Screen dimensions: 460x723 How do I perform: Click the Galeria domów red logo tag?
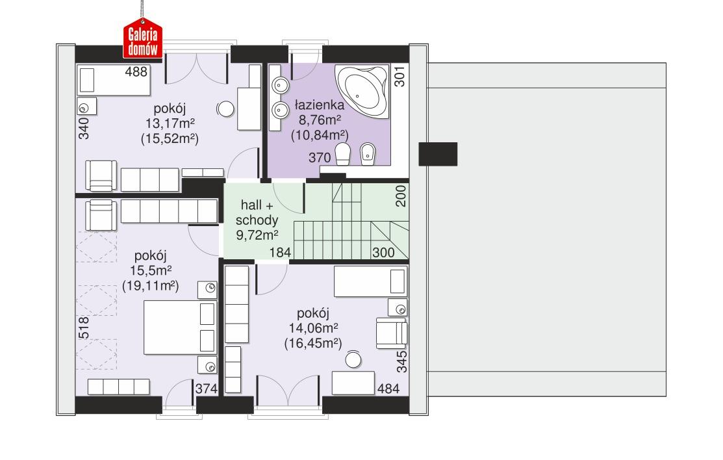click(143, 42)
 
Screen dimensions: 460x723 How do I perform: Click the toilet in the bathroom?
click(342, 155)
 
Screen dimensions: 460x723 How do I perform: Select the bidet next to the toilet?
click(368, 155)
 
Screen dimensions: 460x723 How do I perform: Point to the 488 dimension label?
click(136, 71)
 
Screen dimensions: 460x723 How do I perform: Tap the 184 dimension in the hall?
click(279, 253)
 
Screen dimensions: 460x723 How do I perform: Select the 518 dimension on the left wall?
click(83, 327)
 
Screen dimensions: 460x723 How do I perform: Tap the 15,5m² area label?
click(151, 270)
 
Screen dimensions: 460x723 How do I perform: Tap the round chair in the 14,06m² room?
click(353, 359)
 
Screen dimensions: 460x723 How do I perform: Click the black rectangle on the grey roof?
click(438, 153)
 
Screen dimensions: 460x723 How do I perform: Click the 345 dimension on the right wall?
click(401, 361)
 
